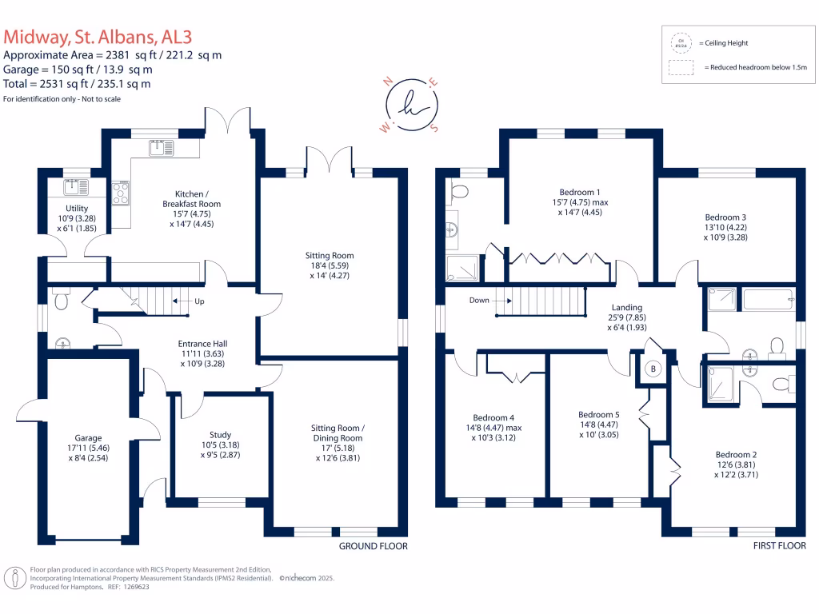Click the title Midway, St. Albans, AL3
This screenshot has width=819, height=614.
point(98,37)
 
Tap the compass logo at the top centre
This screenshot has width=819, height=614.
point(410,103)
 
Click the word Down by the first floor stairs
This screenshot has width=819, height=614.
point(480,301)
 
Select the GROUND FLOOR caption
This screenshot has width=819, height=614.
point(373,546)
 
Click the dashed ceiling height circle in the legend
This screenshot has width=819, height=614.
point(681,42)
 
